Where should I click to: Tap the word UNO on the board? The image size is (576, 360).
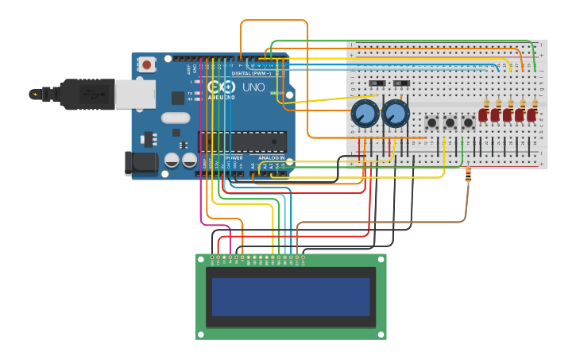pos(253,87)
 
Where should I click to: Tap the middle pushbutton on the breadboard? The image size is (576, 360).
pos(450,122)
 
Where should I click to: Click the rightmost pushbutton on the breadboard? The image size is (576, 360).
pos(468,122)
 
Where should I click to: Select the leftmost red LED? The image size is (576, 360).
pos(483,114)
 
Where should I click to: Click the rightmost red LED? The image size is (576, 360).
pos(532,114)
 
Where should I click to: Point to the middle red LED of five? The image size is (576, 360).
pos(507,114)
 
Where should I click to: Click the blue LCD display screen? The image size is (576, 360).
pos(291,296)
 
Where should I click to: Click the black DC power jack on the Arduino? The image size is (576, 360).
pos(141,163)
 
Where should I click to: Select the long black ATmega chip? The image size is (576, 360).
pos(242,141)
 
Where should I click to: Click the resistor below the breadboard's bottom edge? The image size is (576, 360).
pos(468,173)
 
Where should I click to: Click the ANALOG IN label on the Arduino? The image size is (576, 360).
pos(271,157)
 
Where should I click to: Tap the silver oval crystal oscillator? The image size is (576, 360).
pos(176,118)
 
